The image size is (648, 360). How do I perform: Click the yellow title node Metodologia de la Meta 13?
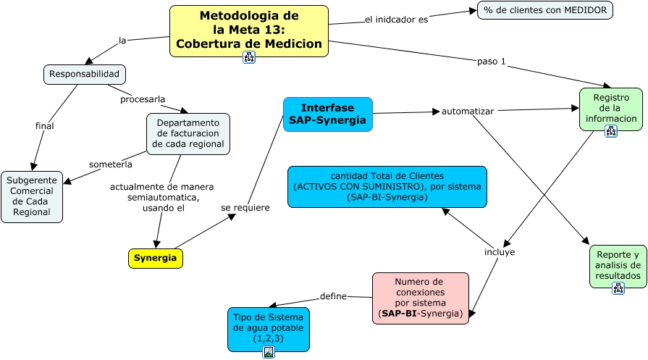pos(248,29)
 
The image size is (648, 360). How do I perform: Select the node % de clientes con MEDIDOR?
pos(544,10)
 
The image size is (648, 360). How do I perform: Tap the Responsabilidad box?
pos(85,74)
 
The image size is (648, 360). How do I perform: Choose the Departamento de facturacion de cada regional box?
pos(188,134)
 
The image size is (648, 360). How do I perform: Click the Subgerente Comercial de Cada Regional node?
pos(32,196)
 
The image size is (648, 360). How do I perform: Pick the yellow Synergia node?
pos(155,258)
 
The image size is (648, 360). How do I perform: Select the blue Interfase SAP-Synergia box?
pos(327,114)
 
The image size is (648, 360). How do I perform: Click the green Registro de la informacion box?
pos(610,108)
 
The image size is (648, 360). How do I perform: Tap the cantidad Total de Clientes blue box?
pos(387,186)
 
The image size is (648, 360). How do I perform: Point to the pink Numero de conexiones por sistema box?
pos(420,297)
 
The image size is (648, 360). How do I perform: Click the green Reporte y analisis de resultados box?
pos(618,265)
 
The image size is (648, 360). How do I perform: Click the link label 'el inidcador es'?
pos(396,20)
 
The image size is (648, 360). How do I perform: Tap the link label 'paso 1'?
pos(491,61)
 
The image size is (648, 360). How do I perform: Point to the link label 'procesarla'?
pos(143,99)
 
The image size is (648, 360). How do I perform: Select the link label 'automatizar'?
pos(468,112)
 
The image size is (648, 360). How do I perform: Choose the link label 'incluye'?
pos(500,252)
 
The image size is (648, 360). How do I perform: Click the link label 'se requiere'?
pos(245,208)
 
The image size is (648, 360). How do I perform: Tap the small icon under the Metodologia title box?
pos(248,58)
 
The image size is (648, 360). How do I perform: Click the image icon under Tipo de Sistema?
pos(268,352)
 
